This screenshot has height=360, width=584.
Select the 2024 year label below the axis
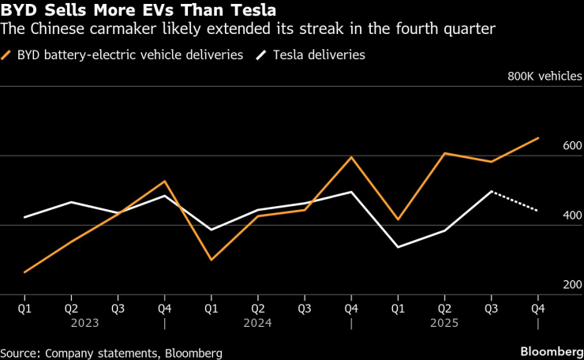tap(257, 323)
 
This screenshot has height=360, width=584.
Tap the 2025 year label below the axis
tap(444, 323)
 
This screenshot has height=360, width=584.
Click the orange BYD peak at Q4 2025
tap(537, 138)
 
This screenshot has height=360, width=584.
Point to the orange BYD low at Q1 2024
tap(211, 259)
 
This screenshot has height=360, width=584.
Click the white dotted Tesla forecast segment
tap(515, 201)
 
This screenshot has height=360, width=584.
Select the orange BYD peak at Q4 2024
tap(350, 157)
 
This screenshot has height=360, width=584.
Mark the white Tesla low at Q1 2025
tap(398, 247)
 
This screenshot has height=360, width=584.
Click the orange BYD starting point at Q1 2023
tap(24, 272)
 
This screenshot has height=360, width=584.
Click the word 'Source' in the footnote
tap(21, 352)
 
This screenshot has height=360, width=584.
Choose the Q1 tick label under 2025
tap(398, 308)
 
